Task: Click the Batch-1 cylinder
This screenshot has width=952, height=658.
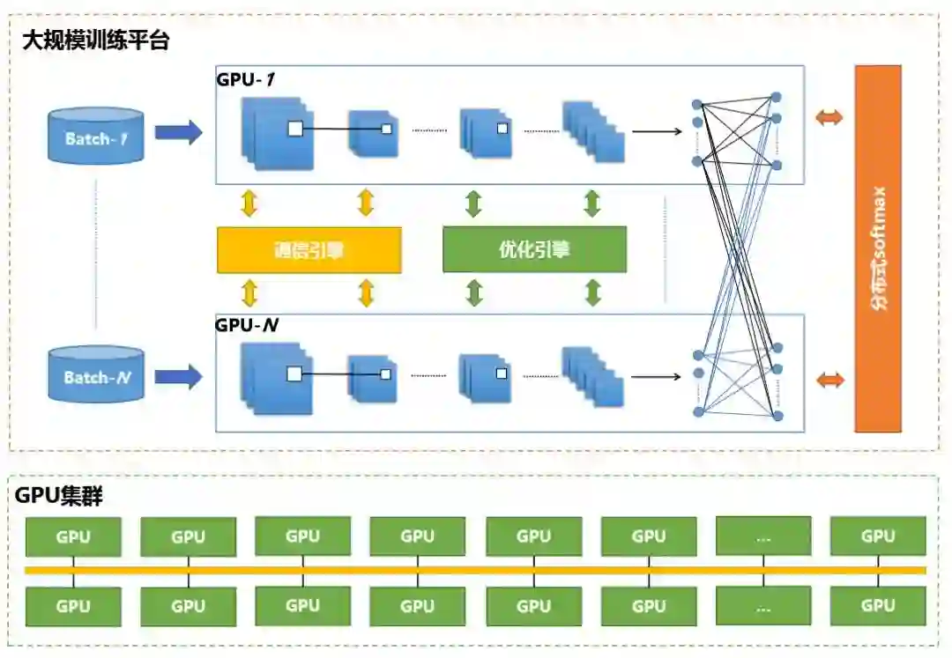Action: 96,136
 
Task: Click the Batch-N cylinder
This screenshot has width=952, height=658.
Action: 96,374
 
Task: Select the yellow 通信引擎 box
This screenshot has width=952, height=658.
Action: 309,249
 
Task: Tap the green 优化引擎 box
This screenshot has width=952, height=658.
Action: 534,249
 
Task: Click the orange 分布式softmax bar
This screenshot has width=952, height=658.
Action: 878,248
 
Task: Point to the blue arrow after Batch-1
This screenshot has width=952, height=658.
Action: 178,133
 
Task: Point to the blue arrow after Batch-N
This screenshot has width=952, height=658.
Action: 178,377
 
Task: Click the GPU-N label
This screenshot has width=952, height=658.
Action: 247,324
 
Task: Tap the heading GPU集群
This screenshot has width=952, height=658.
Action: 59,496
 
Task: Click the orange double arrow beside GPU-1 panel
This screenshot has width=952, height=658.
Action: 829,118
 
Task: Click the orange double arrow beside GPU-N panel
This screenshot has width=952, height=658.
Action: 829,381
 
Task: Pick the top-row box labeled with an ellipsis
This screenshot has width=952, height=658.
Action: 763,536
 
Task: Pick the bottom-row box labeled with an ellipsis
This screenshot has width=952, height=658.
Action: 763,605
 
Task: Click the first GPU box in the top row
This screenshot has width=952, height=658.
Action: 73,536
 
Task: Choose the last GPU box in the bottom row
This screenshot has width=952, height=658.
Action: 878,605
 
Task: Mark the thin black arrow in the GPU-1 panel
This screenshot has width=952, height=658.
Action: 657,133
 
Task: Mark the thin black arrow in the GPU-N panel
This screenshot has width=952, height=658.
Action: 657,378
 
